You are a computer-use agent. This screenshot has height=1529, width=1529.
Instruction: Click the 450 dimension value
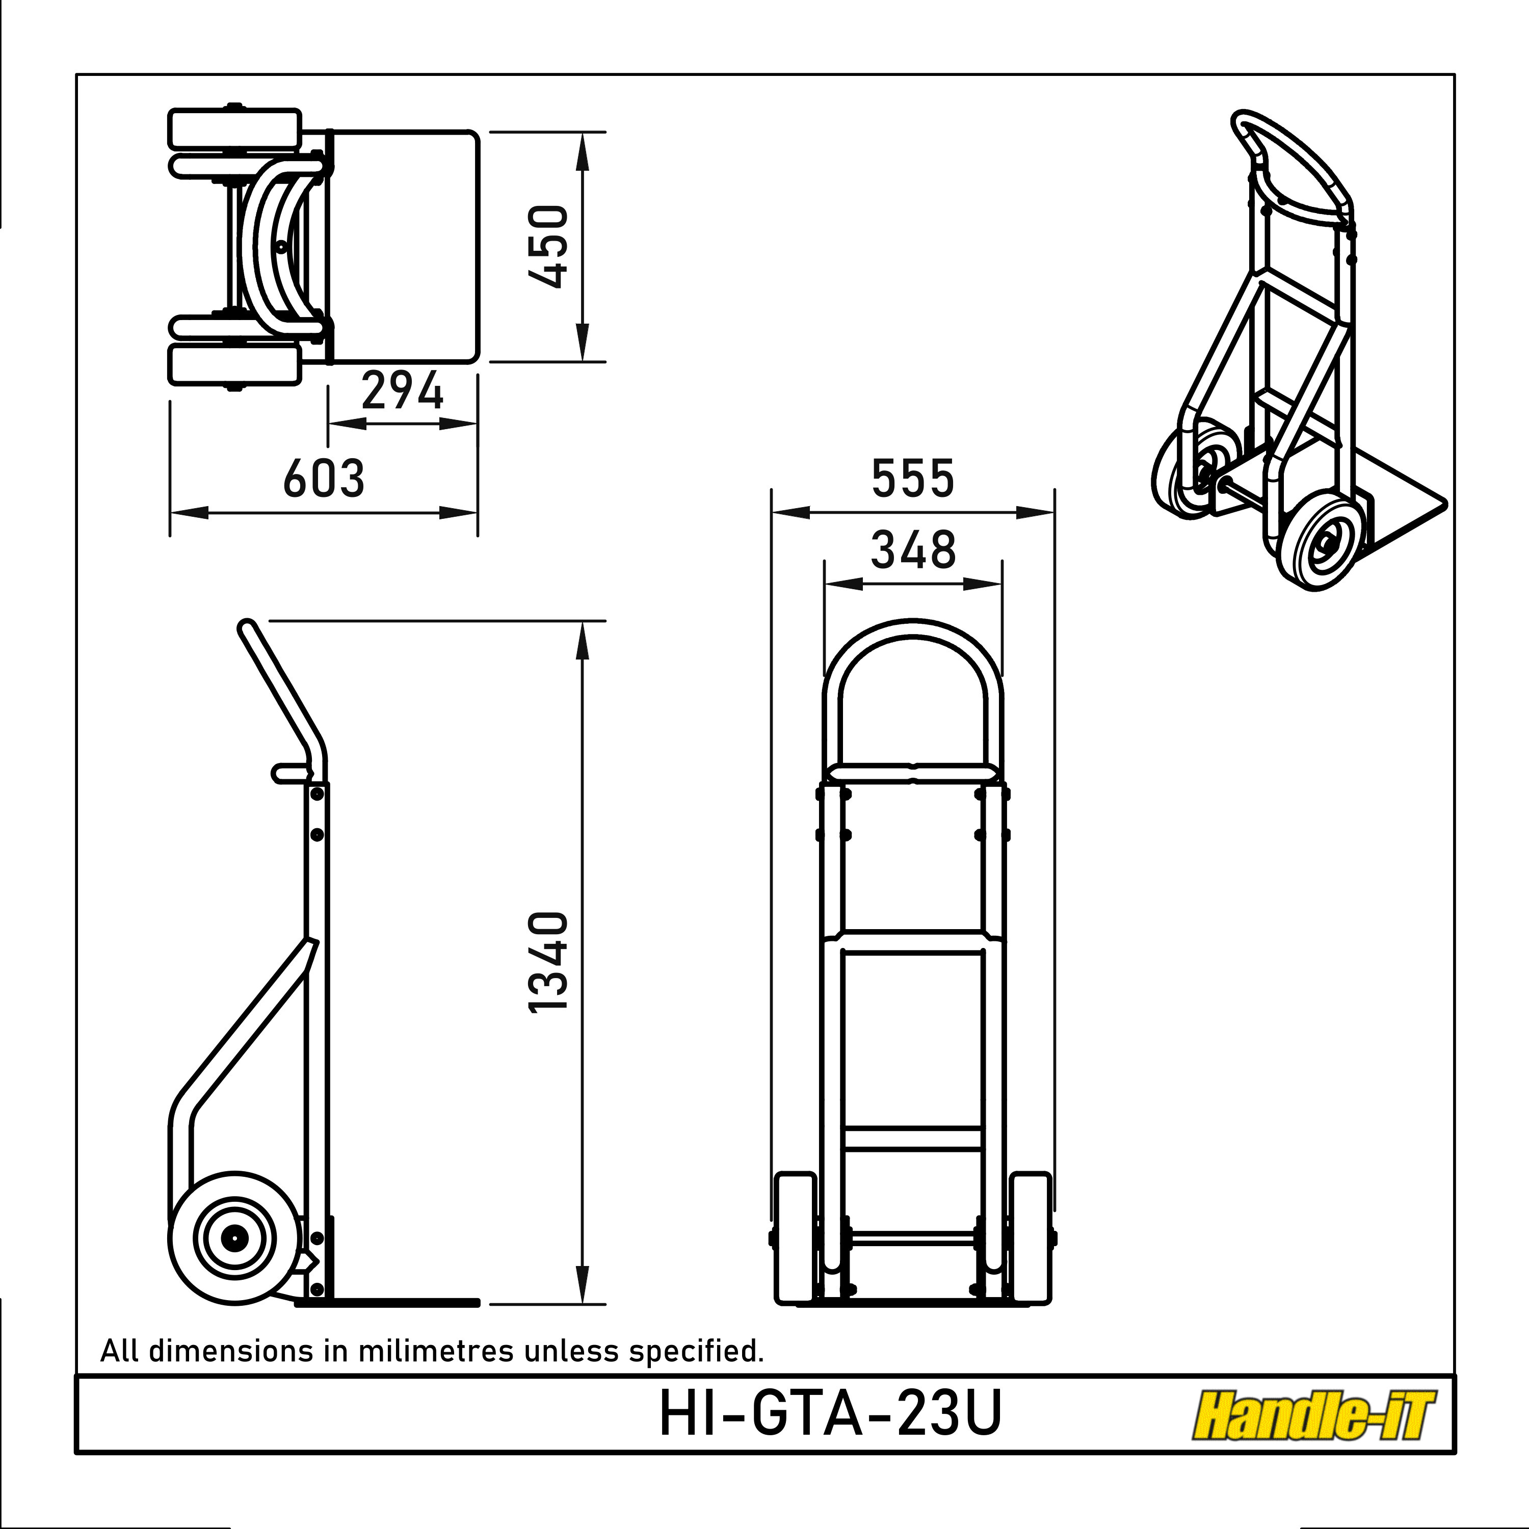pyautogui.click(x=548, y=246)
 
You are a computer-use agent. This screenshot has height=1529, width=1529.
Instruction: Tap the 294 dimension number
pyautogui.click(x=402, y=391)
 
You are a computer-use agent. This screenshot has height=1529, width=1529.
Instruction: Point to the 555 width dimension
pyautogui.click(x=913, y=478)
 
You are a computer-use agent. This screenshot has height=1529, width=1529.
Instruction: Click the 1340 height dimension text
pyautogui.click(x=548, y=961)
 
